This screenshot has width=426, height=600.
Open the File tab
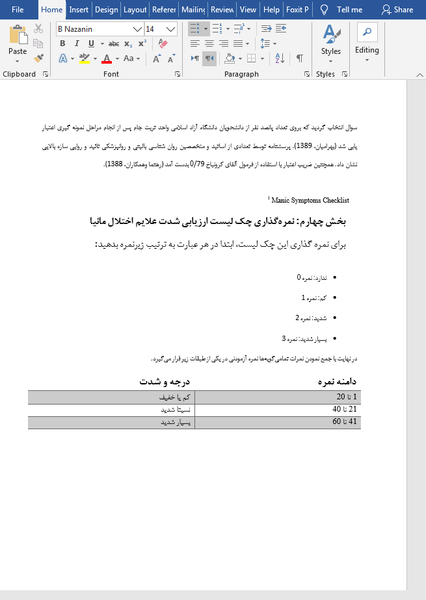point(18,10)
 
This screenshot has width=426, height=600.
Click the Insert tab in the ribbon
point(79,10)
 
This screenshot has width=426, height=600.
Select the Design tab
point(106,10)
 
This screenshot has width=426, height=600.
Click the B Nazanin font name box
point(94,29)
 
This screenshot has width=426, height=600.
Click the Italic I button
point(77,44)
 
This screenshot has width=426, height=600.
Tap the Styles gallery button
point(330,42)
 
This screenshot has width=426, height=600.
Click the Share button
point(397,10)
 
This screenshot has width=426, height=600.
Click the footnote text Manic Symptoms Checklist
point(310,200)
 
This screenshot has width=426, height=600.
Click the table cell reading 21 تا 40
point(345,410)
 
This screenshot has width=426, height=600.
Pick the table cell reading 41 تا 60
point(345,422)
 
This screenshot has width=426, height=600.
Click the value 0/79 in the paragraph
point(195,164)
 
